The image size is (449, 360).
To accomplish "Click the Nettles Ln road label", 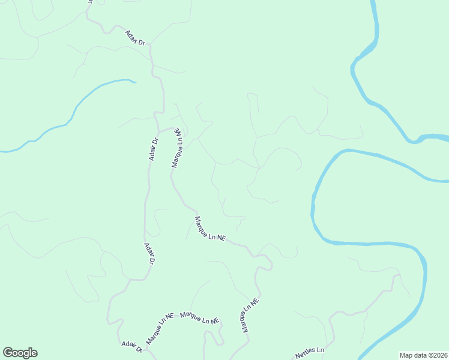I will pyautogui.click(x=310, y=353).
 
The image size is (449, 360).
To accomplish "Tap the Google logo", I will pyautogui.click(x=20, y=353).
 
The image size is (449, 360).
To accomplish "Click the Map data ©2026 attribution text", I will pyautogui.click(x=423, y=355).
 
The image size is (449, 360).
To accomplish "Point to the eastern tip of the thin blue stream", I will pyautogui.click(x=135, y=82).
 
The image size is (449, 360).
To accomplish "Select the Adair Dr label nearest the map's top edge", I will pyautogui.click(x=136, y=38).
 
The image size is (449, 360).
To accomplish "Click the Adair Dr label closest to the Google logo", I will pyautogui.click(x=131, y=346).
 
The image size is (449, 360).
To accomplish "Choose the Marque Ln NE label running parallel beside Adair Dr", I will pyautogui.click(x=178, y=148).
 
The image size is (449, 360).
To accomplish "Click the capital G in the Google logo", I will pyautogui.click(x=8, y=353).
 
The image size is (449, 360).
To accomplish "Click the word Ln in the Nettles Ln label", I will pyautogui.click(x=320, y=350).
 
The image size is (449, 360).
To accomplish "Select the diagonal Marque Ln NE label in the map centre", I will pyautogui.click(x=209, y=229).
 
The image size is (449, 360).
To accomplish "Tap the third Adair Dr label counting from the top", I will pyautogui.click(x=149, y=254).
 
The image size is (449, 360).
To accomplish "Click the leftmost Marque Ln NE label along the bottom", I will pyautogui.click(x=159, y=327).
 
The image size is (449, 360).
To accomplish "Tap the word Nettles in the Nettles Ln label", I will pyautogui.click(x=305, y=355).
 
